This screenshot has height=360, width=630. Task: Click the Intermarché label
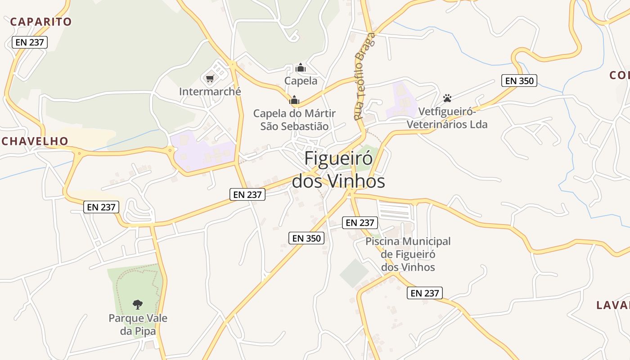[210, 91]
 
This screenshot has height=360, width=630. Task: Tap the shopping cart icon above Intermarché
[210, 79]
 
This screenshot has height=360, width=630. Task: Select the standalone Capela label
[301, 81]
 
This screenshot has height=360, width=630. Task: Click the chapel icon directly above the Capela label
[301, 68]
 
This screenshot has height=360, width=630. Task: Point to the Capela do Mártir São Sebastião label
[294, 120]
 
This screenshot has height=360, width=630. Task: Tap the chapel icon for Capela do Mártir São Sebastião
[294, 100]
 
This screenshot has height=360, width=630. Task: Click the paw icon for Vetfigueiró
[447, 98]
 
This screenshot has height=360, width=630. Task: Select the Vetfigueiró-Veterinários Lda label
[447, 117]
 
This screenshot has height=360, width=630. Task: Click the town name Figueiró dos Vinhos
[338, 170]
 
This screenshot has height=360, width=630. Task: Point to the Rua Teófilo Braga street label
[364, 76]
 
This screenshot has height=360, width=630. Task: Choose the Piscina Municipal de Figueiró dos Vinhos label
[408, 254]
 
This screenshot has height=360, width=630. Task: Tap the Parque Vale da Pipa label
[138, 324]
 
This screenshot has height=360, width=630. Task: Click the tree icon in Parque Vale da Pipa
[138, 305]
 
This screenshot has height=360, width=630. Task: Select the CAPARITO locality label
[41, 22]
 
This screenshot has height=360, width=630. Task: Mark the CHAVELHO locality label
[34, 141]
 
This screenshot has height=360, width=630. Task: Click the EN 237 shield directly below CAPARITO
[30, 42]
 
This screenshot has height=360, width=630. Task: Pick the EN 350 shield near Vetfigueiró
[519, 81]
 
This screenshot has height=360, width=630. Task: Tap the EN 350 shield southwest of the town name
[306, 238]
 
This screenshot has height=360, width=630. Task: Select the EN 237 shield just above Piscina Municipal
[360, 222]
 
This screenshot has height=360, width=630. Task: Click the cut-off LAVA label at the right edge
[612, 305]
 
